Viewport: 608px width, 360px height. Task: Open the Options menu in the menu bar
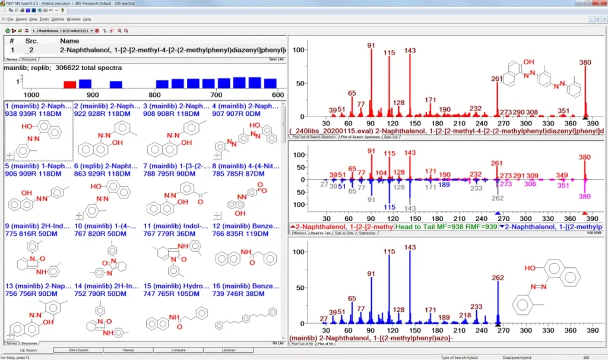coord(58,19)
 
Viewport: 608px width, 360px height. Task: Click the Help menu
coord(87,19)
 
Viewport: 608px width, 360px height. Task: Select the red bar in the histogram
coord(70,84)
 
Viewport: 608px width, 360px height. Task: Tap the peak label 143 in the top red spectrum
coord(410,50)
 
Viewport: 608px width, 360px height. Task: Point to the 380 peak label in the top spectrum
coord(585,61)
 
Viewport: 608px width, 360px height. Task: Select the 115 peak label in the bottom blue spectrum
coord(389,252)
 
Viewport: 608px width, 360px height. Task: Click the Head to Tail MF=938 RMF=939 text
coord(445,226)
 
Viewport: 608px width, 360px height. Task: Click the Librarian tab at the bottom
coord(229,350)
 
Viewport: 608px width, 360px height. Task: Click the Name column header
coord(69,41)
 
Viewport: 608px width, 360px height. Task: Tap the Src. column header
coord(31,41)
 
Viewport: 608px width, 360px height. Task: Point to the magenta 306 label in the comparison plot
coord(530,184)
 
